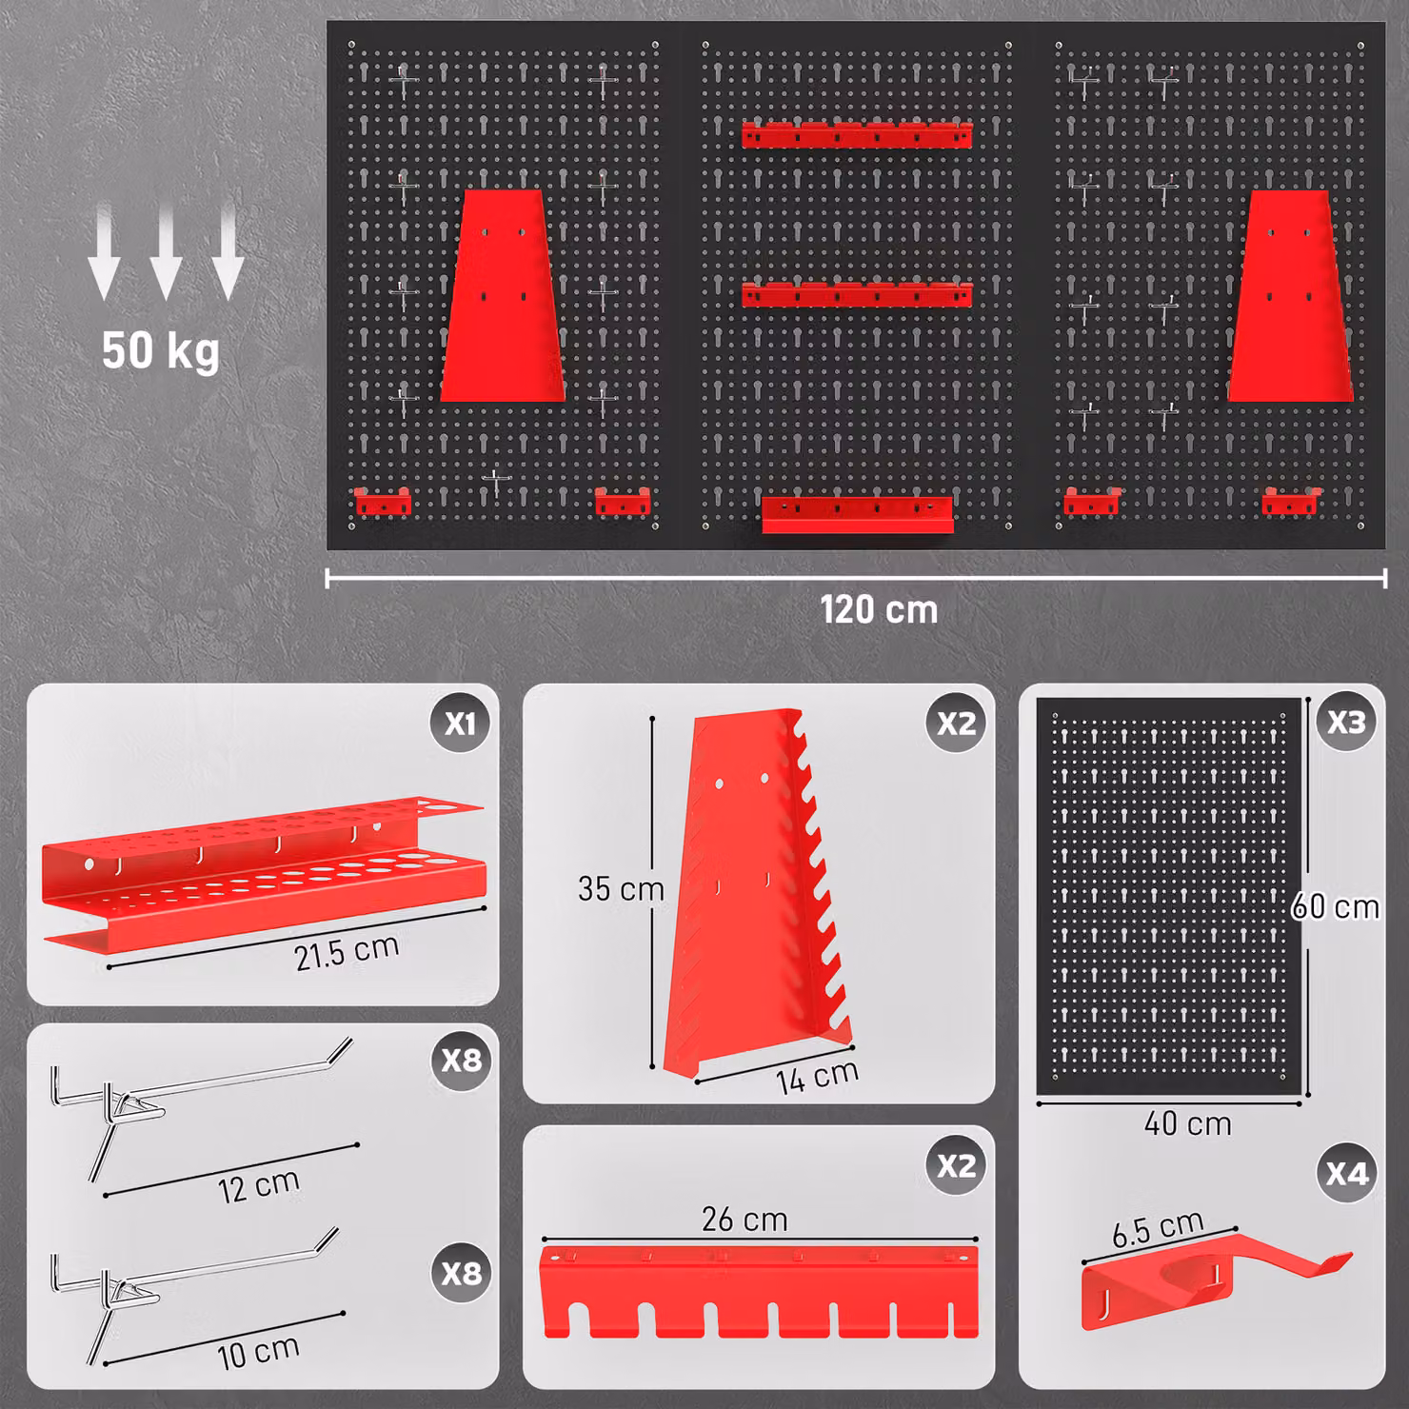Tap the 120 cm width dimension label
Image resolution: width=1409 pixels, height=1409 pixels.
coord(879,610)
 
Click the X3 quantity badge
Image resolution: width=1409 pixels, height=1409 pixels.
coord(1346,722)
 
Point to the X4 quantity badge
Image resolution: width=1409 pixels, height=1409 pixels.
coord(1346,1173)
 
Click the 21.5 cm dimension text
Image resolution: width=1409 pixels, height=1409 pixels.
coord(346,952)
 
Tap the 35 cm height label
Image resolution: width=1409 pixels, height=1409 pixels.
coord(621,888)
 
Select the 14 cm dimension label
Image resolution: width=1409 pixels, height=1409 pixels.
coord(817,1077)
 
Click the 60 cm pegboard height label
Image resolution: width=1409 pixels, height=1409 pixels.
coord(1335,906)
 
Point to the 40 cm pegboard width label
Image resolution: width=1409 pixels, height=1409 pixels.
coord(1187,1123)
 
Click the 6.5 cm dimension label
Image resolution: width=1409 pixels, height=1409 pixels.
coord(1158,1228)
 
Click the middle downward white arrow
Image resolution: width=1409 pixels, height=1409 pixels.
coord(166,251)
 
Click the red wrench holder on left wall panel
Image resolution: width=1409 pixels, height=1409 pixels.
coord(503,295)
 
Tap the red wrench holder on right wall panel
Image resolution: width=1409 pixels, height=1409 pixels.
coord(1290,295)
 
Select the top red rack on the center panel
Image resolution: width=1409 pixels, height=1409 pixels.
coord(857,134)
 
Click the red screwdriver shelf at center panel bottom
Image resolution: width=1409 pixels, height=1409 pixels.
coord(857,514)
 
